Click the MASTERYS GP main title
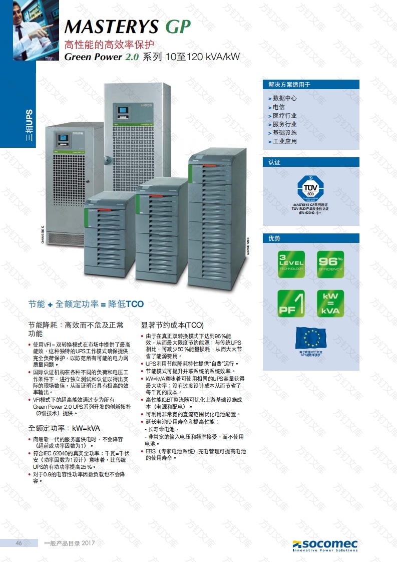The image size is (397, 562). click(128, 26)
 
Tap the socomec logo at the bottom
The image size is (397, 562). click(325, 545)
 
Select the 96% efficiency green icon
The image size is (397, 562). click(330, 264)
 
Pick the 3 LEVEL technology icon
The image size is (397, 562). click(291, 264)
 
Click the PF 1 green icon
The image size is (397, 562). click(291, 303)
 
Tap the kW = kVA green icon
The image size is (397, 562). click(330, 303)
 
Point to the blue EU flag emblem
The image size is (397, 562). click(311, 339)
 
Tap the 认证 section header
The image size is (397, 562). click(275, 162)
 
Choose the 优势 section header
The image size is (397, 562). click(275, 238)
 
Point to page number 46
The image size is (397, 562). click(19, 543)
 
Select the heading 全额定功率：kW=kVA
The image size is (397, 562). click(64, 428)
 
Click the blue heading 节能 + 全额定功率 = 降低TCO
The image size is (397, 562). click(86, 304)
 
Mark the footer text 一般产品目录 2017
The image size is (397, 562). click(70, 543)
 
